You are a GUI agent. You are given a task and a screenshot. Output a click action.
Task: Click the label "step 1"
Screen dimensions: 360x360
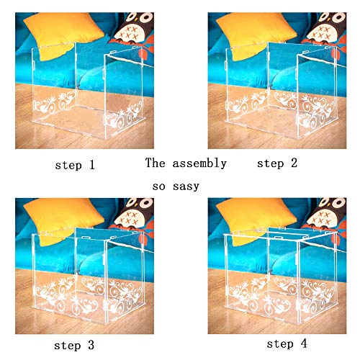pos(75,165)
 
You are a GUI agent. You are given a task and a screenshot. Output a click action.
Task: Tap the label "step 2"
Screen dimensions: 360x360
pos(277,163)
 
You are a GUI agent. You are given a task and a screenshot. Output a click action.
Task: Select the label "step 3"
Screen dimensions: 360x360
pos(74,346)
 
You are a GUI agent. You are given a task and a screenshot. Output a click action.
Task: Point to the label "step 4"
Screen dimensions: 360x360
pos(287,343)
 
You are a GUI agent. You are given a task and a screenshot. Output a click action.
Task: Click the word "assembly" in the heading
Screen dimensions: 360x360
pos(199,163)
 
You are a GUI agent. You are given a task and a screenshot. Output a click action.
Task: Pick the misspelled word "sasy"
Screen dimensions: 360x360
pos(186,186)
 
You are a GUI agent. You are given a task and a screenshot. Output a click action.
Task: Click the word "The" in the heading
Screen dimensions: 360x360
pos(155,163)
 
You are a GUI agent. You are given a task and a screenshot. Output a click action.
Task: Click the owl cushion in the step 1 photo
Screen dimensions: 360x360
pos(135,31)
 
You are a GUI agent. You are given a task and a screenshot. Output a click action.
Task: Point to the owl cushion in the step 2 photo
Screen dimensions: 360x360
pos(328,31)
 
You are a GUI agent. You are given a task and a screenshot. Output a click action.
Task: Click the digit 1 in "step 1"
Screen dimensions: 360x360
pos(92,165)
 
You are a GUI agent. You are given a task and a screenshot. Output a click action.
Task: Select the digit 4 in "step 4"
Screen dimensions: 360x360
pos(304,343)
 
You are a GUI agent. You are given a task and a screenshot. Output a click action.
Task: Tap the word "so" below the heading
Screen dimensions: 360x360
pos(158,186)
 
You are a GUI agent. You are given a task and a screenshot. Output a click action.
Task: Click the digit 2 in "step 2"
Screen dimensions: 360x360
pos(294,163)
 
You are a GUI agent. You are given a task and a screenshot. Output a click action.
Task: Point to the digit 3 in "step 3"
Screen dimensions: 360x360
pos(91,345)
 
